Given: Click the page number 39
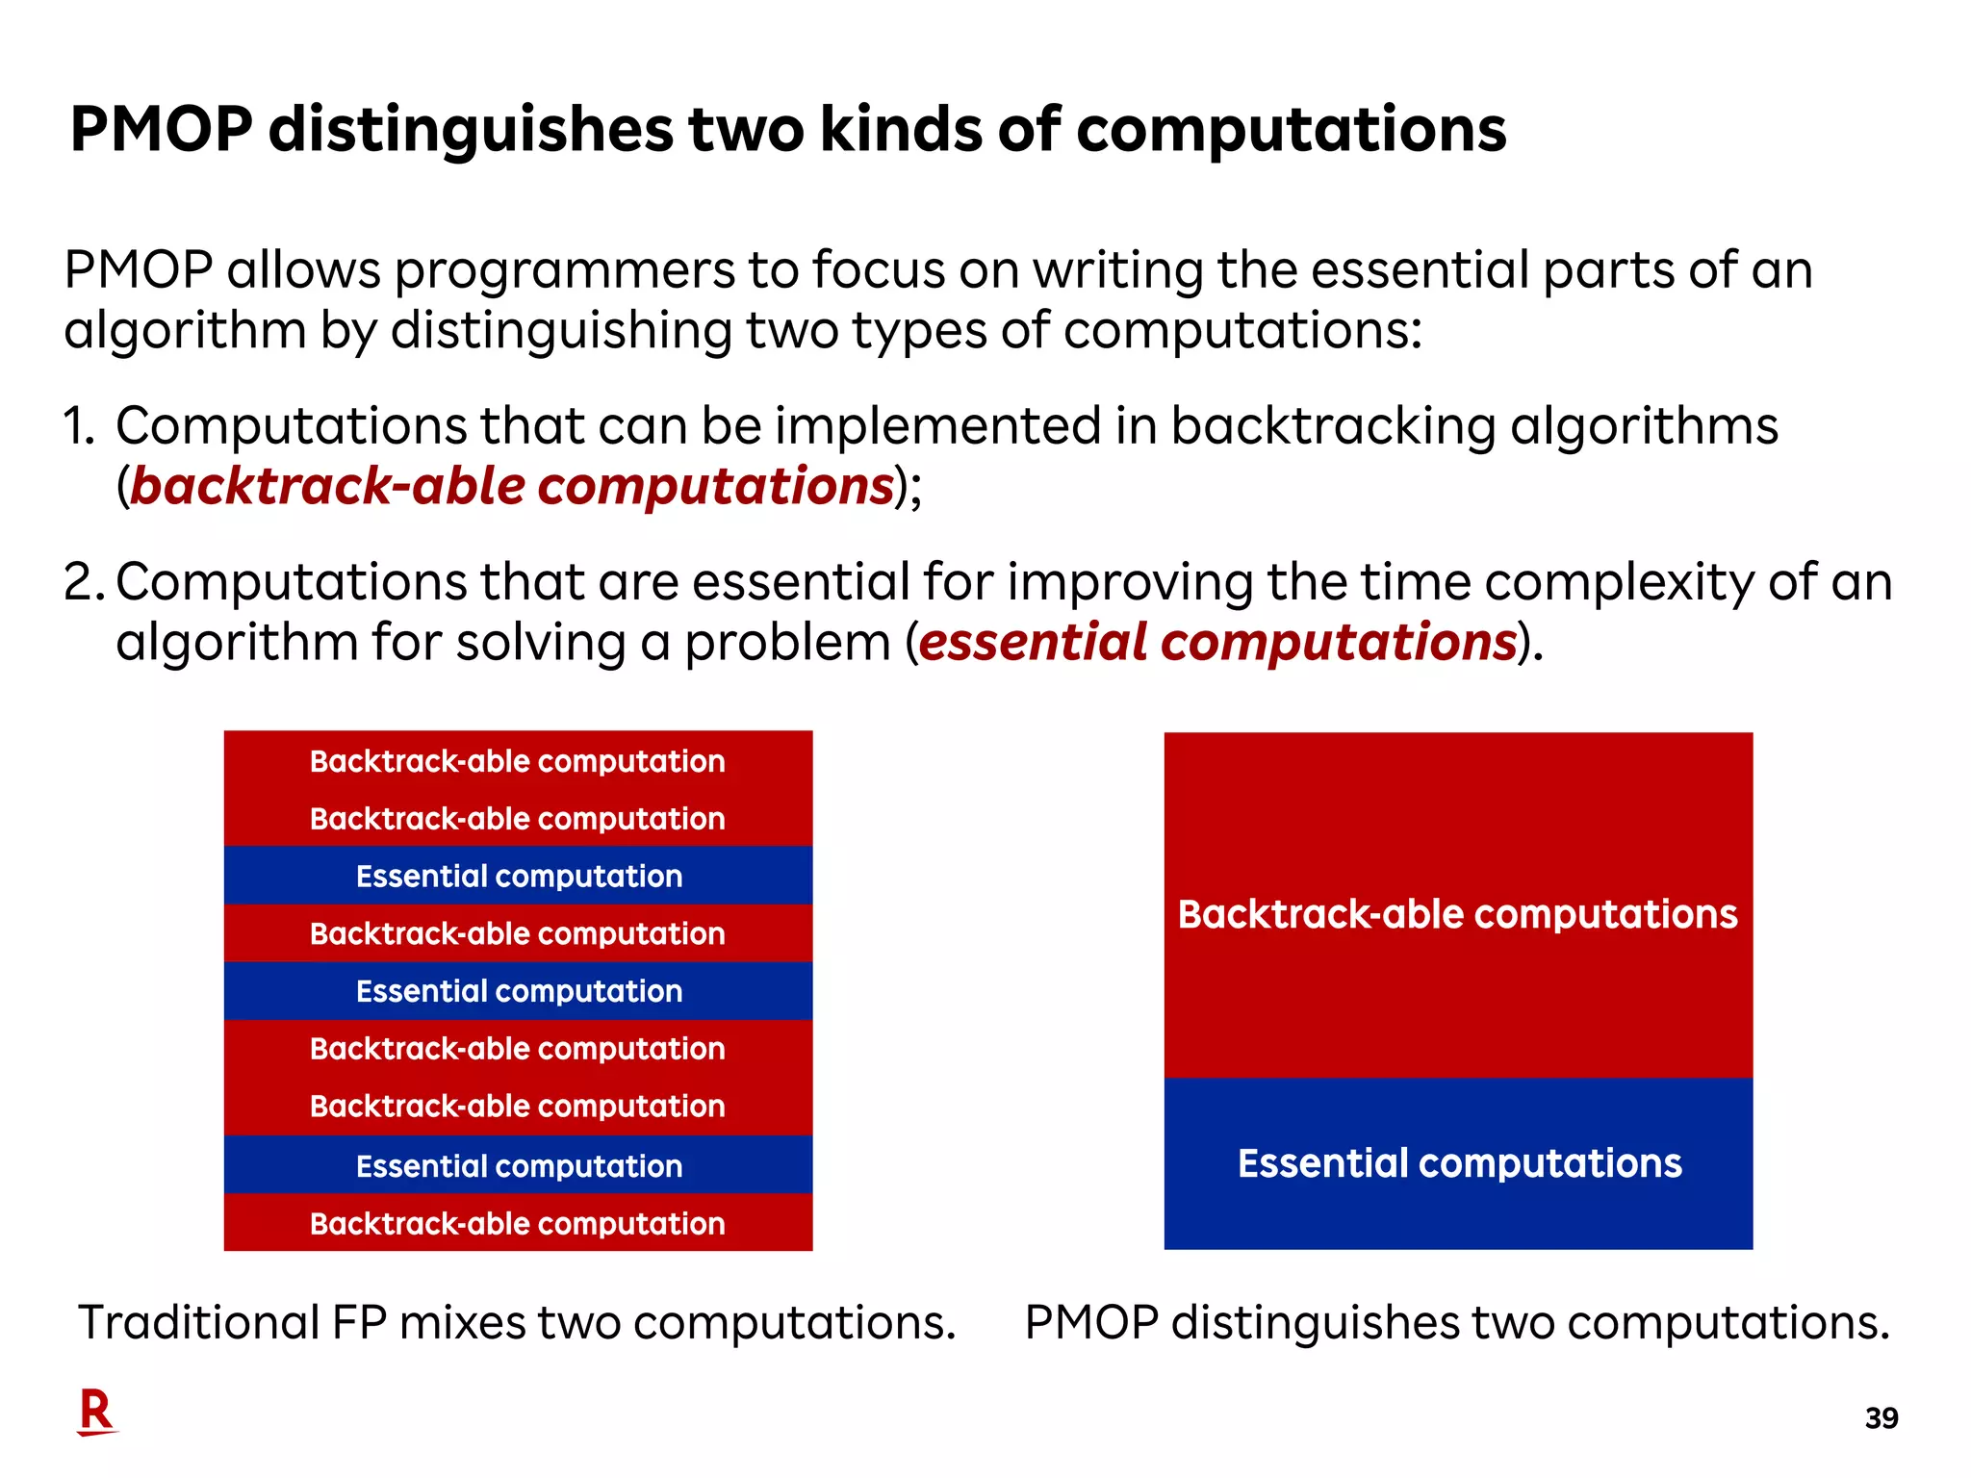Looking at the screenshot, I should (x=1881, y=1418).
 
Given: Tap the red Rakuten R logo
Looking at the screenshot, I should (x=96, y=1412).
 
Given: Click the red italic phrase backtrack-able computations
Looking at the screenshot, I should (x=512, y=486).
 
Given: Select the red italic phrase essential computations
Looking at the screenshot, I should (x=1217, y=642).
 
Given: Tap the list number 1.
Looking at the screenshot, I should (x=79, y=426).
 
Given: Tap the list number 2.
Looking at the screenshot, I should (x=82, y=583).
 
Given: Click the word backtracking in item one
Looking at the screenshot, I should (x=1332, y=426).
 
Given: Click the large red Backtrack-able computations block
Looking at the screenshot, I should (x=1458, y=905).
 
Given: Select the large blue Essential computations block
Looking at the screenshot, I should (x=1458, y=1163).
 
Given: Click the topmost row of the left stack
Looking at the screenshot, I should (x=518, y=761).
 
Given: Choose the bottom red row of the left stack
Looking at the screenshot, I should (x=518, y=1223).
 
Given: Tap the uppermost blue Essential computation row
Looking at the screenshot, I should (x=518, y=876).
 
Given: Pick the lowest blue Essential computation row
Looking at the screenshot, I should (x=518, y=1165).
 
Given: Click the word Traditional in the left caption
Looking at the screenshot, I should (x=197, y=1322).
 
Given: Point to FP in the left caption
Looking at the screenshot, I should (x=359, y=1322).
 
